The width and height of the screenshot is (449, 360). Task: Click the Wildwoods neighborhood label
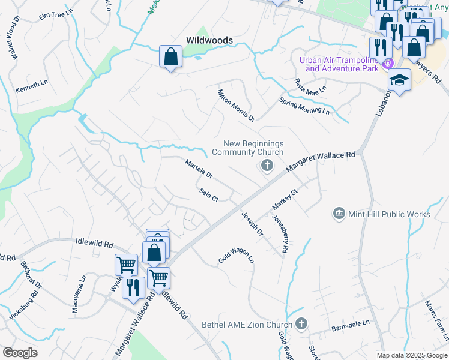(209, 40)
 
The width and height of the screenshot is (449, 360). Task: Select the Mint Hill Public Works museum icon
(339, 214)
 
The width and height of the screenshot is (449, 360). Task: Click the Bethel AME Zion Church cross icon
(301, 324)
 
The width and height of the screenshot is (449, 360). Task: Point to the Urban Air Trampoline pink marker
(388, 63)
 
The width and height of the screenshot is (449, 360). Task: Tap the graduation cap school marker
(399, 80)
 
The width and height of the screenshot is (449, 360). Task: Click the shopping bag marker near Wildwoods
(171, 57)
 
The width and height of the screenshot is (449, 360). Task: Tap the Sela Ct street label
(208, 195)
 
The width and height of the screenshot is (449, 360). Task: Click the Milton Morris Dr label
(236, 105)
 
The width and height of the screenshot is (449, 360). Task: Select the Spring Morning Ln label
(304, 107)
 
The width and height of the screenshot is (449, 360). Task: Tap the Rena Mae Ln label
(310, 86)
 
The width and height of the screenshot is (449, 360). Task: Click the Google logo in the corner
(20, 353)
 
